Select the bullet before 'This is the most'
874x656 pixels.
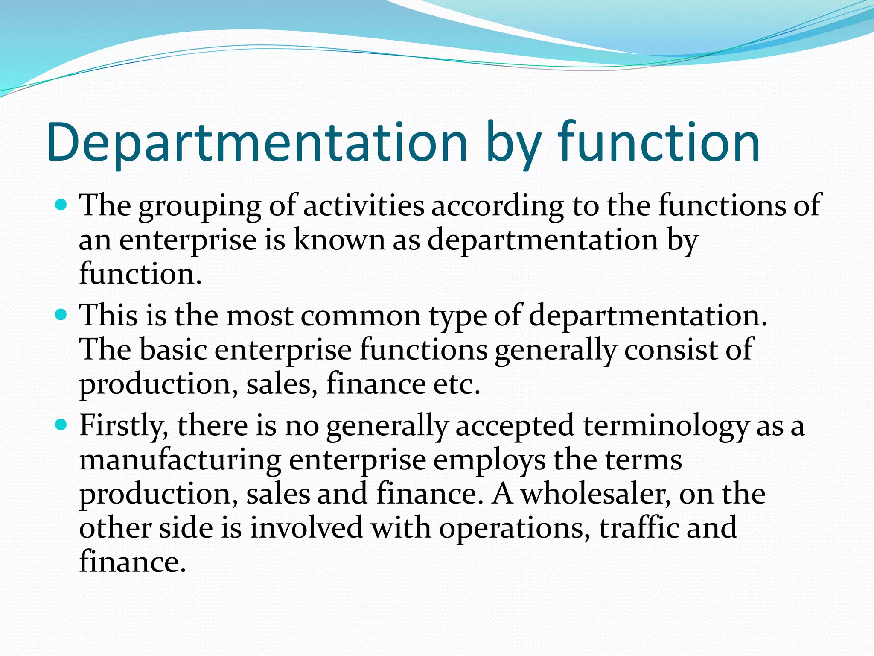coord(62,316)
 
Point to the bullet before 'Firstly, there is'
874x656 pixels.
coord(62,425)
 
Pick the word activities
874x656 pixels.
coord(364,205)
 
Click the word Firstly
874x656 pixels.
coord(124,426)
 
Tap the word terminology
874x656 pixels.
coord(666,426)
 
